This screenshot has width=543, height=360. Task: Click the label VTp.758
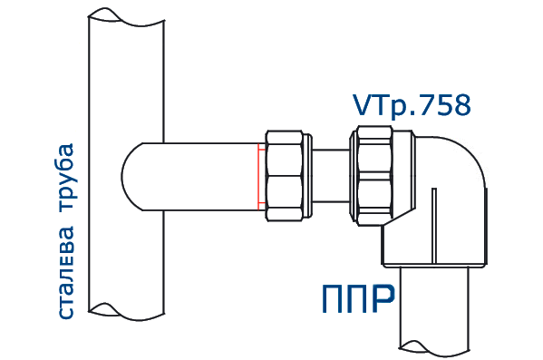(412, 105)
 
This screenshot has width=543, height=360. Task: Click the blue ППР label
(359, 297)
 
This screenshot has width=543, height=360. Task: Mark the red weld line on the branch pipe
(258, 175)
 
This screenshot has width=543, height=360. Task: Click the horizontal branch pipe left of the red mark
(208, 175)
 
